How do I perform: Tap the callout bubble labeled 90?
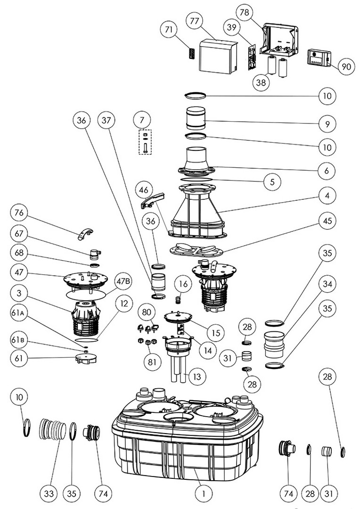click(x=346, y=67)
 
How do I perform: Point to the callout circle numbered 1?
click(x=204, y=493)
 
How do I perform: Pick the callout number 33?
click(x=49, y=493)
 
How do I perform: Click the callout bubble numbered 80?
click(x=147, y=312)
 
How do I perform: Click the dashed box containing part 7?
click(x=145, y=141)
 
